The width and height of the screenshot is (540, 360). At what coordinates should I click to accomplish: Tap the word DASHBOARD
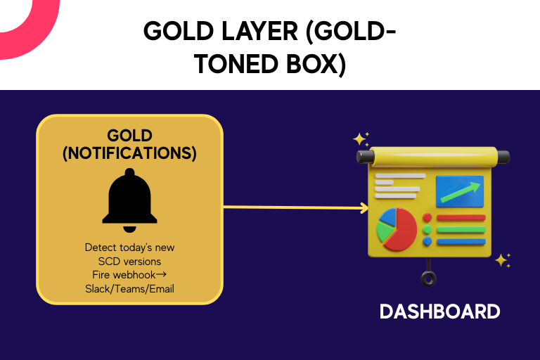(x=439, y=311)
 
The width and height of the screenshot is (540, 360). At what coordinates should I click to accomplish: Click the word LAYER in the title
(x=259, y=31)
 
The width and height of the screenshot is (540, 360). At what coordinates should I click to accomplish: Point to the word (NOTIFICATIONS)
(x=129, y=153)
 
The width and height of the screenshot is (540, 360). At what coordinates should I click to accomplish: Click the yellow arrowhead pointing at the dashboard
(x=364, y=207)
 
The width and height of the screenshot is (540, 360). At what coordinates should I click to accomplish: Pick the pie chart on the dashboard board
(x=397, y=229)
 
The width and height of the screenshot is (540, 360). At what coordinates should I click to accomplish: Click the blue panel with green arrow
(x=460, y=191)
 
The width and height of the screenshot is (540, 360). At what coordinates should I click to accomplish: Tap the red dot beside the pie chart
(x=427, y=217)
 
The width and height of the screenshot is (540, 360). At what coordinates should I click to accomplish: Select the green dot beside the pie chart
(x=427, y=229)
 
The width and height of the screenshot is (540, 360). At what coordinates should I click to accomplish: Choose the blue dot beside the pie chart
(x=427, y=241)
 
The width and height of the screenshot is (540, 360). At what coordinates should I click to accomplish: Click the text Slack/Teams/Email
(x=129, y=289)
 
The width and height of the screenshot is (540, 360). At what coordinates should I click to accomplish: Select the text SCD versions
(x=129, y=262)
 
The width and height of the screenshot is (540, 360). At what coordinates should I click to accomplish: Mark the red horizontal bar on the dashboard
(x=461, y=218)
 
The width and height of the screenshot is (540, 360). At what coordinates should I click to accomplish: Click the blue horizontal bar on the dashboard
(x=461, y=242)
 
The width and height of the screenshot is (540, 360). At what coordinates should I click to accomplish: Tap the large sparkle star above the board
(x=359, y=139)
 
